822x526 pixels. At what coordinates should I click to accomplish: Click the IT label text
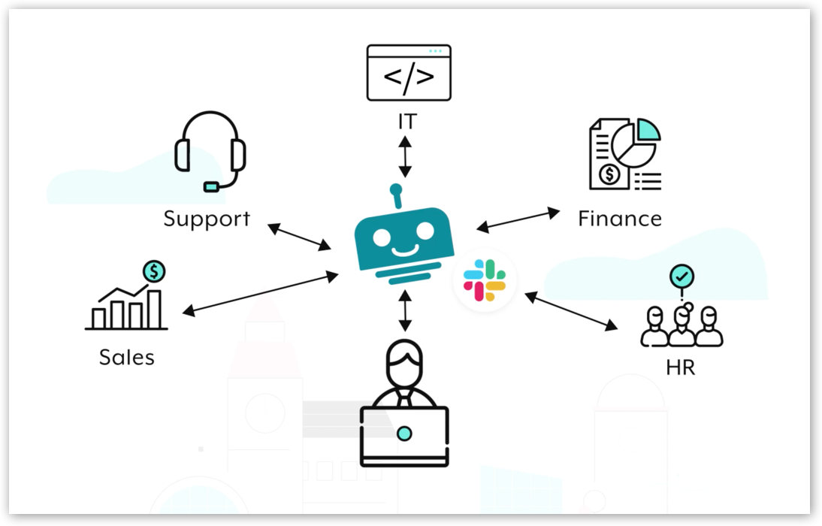tap(406, 121)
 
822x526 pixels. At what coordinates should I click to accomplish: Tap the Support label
tap(207, 219)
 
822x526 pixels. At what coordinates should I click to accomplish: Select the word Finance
tap(620, 219)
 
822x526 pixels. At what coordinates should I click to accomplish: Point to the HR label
tap(681, 368)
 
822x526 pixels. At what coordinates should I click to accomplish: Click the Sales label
tap(127, 357)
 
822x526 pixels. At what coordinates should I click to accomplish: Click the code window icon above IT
tap(409, 72)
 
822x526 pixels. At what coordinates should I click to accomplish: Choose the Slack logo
tap(485, 280)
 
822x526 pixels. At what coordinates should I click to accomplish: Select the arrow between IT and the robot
tap(406, 156)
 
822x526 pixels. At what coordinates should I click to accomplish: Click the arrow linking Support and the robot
tap(300, 237)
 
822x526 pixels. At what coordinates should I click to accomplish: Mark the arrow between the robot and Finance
tap(518, 219)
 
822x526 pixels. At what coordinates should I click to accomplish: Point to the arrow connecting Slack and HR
tap(571, 311)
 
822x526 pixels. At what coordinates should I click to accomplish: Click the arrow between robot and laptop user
tap(406, 310)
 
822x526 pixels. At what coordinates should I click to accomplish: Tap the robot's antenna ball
tap(396, 189)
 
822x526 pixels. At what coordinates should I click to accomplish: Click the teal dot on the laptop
tap(405, 433)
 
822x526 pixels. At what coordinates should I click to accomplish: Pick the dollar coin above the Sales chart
tap(155, 271)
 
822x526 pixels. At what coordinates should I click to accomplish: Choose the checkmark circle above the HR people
tap(681, 277)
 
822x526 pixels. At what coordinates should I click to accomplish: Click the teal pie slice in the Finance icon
tap(647, 129)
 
